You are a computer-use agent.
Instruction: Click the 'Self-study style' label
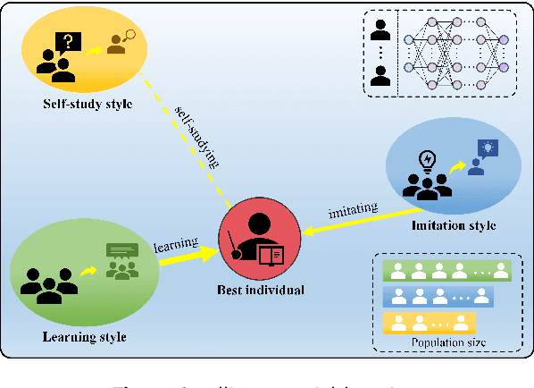pyautogui.click(x=88, y=104)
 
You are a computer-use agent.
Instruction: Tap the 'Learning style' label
pyautogui.click(x=84, y=336)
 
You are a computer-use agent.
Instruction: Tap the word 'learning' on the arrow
pyautogui.click(x=174, y=242)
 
